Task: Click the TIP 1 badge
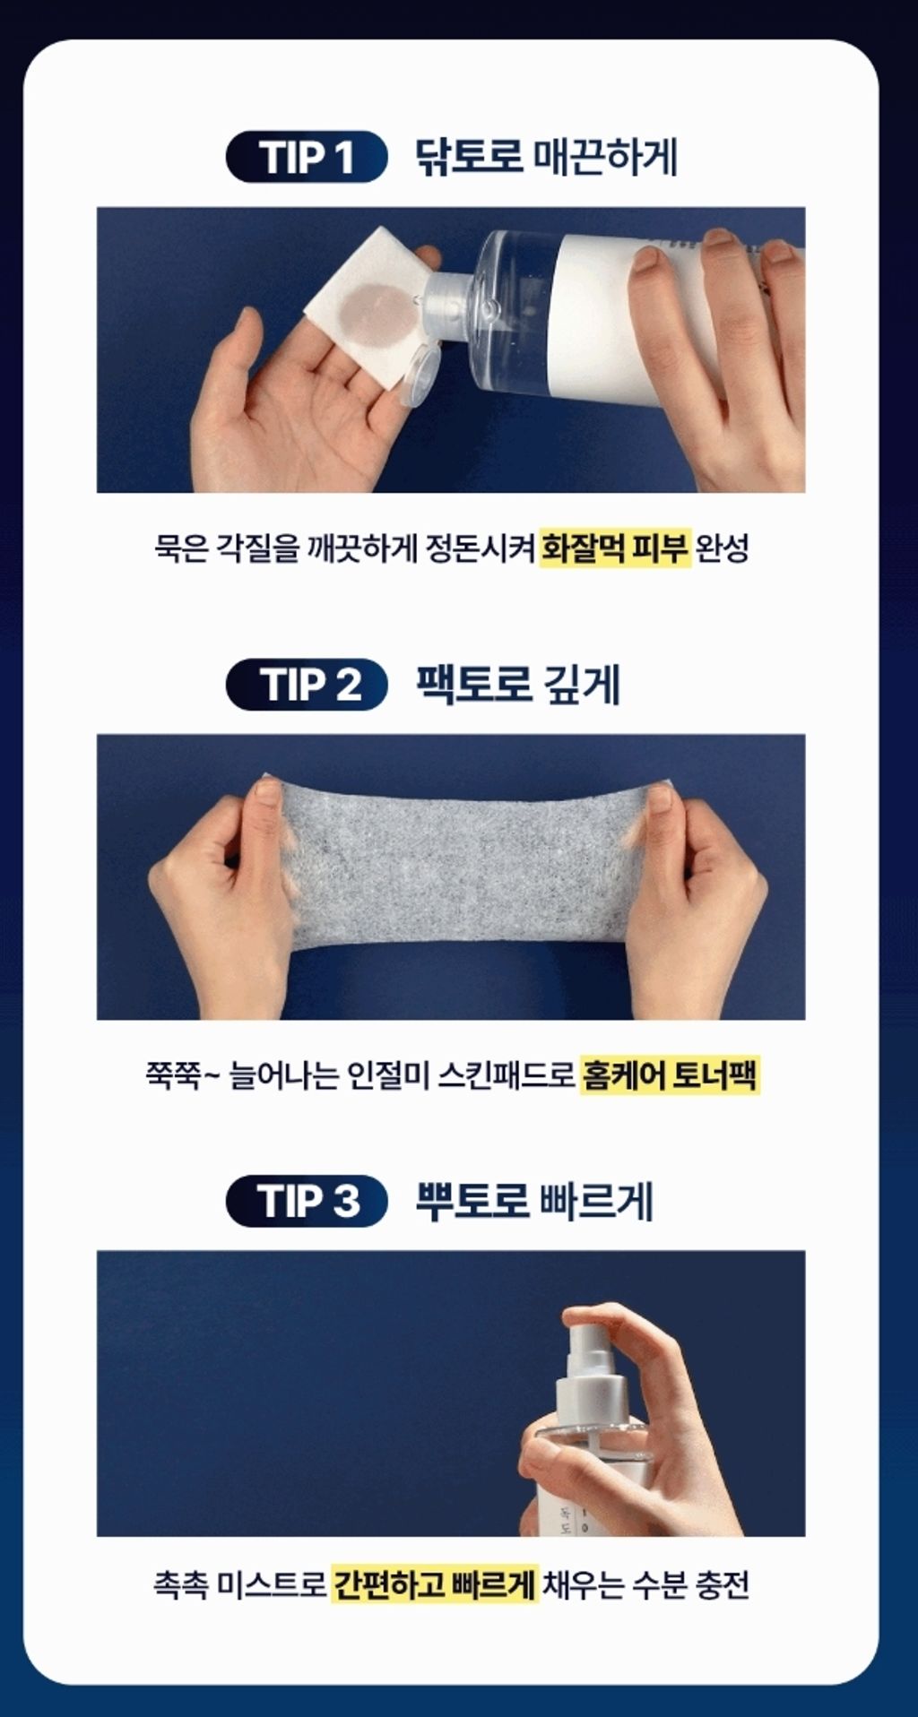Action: (x=307, y=157)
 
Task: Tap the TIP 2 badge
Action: (x=307, y=685)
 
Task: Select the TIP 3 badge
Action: (x=307, y=1201)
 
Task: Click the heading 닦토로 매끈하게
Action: (x=546, y=157)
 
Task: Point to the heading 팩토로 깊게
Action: (x=518, y=685)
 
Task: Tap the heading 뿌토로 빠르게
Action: (x=534, y=1201)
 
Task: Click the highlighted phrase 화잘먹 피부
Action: (x=615, y=548)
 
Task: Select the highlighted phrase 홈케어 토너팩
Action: (x=670, y=1074)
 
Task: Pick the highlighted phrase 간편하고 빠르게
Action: (x=435, y=1583)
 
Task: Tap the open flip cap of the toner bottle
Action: (x=418, y=375)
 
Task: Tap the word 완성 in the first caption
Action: (x=723, y=548)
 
